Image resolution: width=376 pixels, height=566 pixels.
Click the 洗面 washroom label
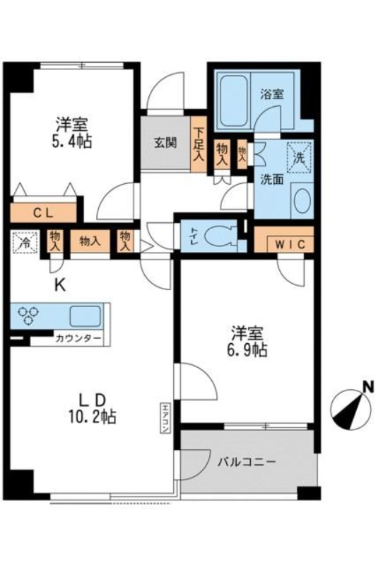pyautogui.click(x=270, y=179)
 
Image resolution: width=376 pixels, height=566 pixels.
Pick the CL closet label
pyautogui.click(x=44, y=212)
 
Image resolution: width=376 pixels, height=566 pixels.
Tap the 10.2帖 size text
pyautogui.click(x=94, y=417)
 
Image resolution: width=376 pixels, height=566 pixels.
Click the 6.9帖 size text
pyautogui.click(x=247, y=350)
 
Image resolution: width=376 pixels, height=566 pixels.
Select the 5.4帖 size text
pyautogui.click(x=71, y=140)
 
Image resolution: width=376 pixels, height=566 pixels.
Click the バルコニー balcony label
pyautogui.click(x=247, y=461)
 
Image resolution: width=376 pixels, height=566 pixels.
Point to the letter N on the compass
pyautogui.click(x=367, y=387)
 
